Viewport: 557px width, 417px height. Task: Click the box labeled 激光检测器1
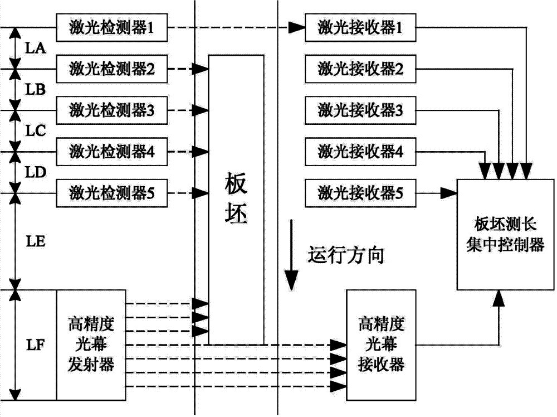tap(111, 27)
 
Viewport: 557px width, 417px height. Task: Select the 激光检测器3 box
tap(111, 110)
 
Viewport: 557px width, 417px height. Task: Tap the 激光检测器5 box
tap(111, 193)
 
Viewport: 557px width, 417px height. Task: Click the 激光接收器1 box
tap(360, 27)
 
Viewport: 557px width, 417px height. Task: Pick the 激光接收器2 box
tap(360, 69)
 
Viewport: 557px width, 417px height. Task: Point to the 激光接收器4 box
tap(360, 151)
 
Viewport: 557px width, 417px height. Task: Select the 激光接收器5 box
tap(360, 193)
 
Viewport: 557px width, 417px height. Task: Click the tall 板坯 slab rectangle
tap(236, 199)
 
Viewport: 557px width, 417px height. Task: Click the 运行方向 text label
tap(346, 256)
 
